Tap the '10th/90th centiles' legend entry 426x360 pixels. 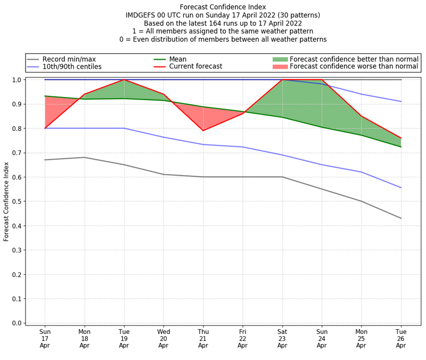point(72,67)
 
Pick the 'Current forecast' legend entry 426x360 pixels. point(195,67)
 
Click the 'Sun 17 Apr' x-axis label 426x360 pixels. point(45,339)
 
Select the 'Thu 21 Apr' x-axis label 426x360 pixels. point(203,339)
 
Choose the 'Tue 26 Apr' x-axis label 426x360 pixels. point(400,339)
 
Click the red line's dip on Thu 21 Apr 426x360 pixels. point(203,130)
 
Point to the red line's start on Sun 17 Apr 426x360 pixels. point(45,128)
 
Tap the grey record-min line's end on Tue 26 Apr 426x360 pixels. point(400,218)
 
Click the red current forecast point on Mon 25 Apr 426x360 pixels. point(361,116)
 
